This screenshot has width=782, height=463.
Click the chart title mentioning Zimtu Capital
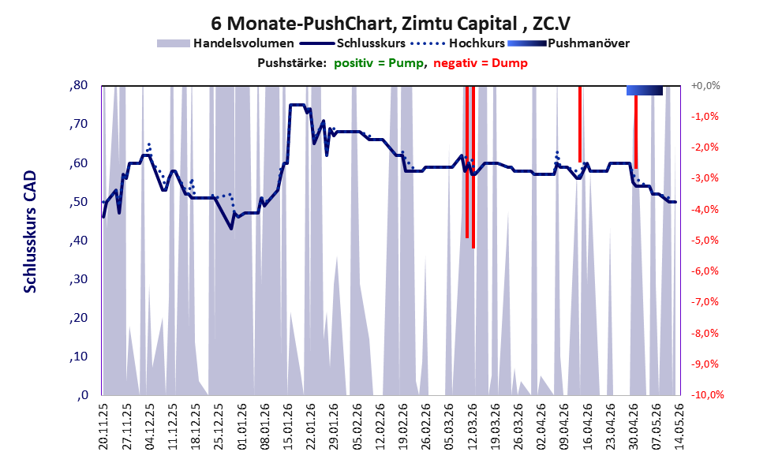391,24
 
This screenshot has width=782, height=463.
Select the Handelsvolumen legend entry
226,43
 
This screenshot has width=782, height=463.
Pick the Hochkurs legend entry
458,43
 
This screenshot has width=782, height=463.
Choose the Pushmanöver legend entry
568,43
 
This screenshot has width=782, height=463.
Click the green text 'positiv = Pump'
379,63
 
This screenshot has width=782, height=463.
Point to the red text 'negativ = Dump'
481,63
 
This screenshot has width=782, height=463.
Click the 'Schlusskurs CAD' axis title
30,232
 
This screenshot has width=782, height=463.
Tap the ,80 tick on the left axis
78,85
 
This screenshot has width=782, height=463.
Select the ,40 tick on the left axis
78,241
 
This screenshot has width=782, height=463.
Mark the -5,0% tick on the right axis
705,241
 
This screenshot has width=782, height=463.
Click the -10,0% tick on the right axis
707,394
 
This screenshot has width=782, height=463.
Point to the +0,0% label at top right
705,86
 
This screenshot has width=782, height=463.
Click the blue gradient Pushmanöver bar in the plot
645,90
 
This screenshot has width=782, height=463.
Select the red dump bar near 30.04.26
636,132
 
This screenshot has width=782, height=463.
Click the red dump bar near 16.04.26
580,124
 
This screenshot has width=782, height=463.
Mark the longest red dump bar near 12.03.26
473,167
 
